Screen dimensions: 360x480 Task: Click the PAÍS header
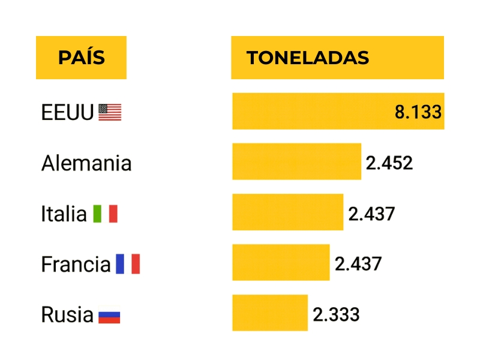tap(81, 58)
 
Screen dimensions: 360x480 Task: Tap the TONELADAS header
tap(307, 58)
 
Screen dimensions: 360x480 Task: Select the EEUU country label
tap(67, 112)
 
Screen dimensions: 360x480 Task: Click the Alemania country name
tap(86, 163)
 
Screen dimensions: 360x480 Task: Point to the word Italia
tap(64, 213)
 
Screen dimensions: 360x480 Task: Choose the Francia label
tap(76, 264)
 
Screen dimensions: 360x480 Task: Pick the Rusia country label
tap(67, 314)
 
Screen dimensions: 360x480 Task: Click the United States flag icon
tap(110, 112)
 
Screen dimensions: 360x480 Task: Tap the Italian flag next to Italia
tap(105, 214)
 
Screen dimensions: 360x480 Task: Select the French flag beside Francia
tap(128, 264)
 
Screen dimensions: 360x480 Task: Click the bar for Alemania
tap(296, 161)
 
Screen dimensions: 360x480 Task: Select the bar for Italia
tap(287, 212)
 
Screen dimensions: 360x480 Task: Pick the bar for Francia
tap(281, 262)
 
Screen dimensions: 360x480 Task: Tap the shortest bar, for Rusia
tap(270, 313)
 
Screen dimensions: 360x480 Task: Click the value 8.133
tap(418, 112)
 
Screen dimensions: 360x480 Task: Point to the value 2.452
tap(389, 163)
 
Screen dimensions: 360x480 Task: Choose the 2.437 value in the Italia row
tap(371, 213)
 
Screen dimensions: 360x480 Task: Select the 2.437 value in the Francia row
tap(358, 264)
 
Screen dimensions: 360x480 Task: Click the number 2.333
tap(336, 314)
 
